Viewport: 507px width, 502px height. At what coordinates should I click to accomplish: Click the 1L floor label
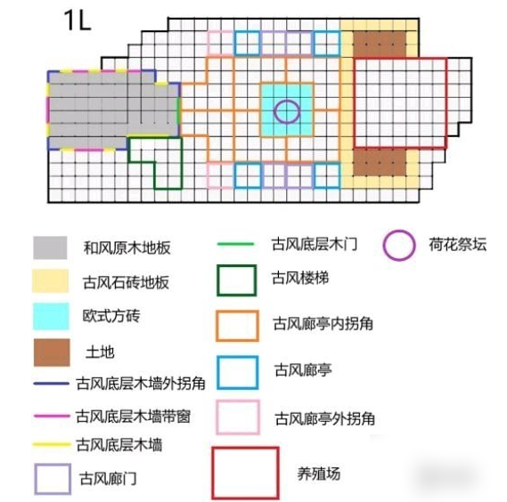(x=78, y=20)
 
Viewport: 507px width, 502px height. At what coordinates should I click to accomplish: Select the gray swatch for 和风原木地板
(x=50, y=247)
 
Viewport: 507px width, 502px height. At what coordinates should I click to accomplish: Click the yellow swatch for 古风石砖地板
(x=50, y=281)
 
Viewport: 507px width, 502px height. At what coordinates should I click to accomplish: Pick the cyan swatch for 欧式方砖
(x=51, y=316)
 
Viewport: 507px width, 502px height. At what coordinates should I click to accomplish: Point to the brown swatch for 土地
(x=52, y=352)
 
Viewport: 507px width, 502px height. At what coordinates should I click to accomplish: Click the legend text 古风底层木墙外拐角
(x=141, y=384)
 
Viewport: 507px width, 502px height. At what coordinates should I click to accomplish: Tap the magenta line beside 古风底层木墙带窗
(x=52, y=416)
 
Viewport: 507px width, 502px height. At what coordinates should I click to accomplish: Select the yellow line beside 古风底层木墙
(x=52, y=445)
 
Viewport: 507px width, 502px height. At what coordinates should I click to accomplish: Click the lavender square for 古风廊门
(x=36, y=479)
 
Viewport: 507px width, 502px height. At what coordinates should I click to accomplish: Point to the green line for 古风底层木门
(x=236, y=244)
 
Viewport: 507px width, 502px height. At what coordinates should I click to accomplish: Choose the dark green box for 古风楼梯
(x=218, y=280)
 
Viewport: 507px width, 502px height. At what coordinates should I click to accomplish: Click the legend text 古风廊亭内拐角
(x=323, y=323)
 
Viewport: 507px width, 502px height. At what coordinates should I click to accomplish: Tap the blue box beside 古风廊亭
(x=218, y=372)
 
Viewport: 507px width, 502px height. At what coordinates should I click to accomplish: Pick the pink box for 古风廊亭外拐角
(x=217, y=417)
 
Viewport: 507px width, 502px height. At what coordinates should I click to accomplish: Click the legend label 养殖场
(x=318, y=474)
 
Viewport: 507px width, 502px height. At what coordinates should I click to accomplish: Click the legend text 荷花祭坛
(x=457, y=244)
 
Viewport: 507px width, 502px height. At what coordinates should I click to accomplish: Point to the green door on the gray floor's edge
(x=178, y=109)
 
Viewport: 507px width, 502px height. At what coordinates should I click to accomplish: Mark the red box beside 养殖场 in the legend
(x=213, y=474)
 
